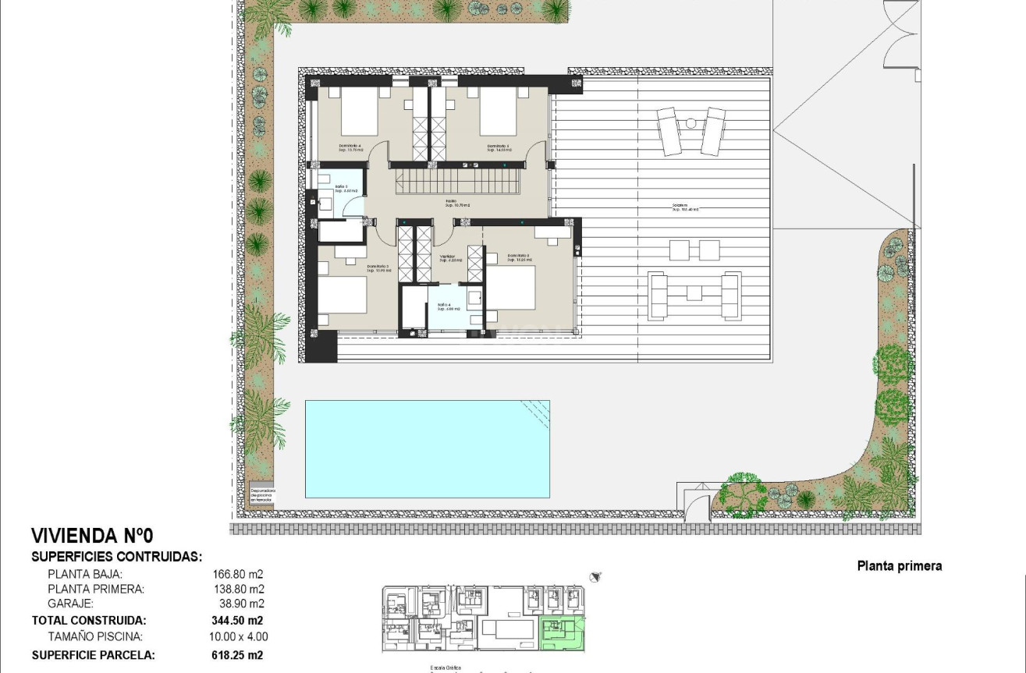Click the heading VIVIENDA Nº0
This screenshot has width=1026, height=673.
click(92, 537)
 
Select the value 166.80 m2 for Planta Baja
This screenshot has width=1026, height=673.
click(238, 574)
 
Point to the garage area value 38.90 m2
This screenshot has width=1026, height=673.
click(241, 604)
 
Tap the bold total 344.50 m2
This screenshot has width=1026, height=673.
click(237, 621)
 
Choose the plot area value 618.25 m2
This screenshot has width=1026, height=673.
click(237, 655)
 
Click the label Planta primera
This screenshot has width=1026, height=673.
click(899, 566)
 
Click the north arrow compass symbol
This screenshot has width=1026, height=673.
click(597, 577)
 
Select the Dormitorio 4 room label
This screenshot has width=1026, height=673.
click(350, 146)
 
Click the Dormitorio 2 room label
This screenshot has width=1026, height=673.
click(518, 256)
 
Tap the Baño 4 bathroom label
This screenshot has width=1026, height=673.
click(444, 305)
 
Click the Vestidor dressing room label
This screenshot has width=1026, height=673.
click(447, 257)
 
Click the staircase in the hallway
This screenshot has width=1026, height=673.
click(454, 185)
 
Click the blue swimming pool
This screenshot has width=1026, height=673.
click(427, 448)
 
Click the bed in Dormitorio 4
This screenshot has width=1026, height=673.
click(359, 111)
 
